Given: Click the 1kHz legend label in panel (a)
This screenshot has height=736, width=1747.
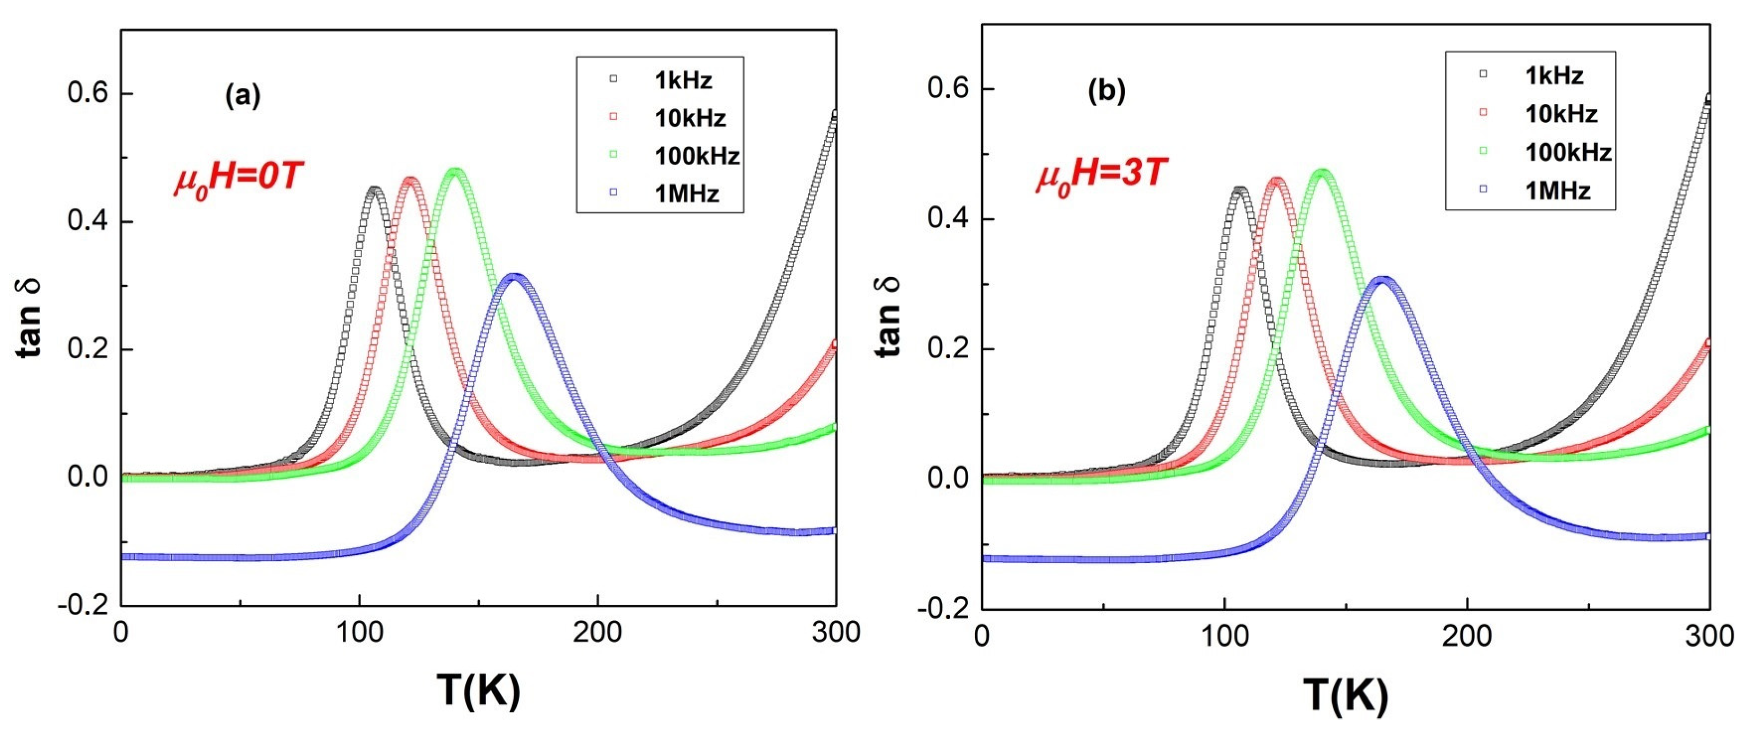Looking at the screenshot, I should pos(683,81).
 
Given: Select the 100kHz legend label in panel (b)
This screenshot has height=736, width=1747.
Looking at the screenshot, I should pos(1568,152).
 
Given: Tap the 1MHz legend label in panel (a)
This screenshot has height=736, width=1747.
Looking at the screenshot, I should pos(686,194).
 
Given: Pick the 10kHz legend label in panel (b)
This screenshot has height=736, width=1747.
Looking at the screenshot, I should pos(1561,114).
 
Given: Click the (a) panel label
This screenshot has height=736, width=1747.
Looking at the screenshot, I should pos(242,96).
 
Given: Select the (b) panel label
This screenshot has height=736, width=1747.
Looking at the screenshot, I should pos(1106,91).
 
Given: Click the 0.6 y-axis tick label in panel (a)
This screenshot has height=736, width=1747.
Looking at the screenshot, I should pos(88,93).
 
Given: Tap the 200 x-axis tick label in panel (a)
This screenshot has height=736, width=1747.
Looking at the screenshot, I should pos(597,632).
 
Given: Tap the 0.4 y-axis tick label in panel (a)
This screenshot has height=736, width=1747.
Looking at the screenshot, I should pos(88,221).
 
